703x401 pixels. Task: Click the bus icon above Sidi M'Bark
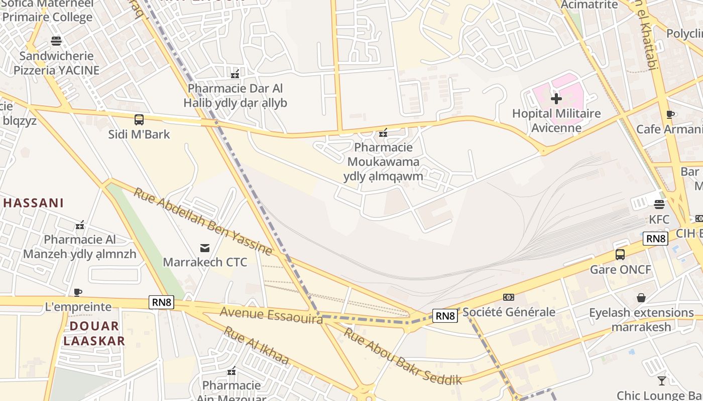tap(139, 120)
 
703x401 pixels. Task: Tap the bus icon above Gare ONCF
tap(620, 255)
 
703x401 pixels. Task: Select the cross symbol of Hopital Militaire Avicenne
tap(556, 99)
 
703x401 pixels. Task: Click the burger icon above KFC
tap(659, 205)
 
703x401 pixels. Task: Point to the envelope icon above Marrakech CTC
tap(205, 248)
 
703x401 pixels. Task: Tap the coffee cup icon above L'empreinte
tap(78, 292)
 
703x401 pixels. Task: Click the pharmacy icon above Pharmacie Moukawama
tap(383, 133)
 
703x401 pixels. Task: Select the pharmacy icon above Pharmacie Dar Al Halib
tap(235, 74)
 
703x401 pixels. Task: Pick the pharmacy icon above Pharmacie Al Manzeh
tap(79, 225)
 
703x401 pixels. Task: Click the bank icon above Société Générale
tap(509, 297)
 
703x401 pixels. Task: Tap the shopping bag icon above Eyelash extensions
tap(641, 298)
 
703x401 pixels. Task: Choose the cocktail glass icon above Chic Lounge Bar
tap(662, 380)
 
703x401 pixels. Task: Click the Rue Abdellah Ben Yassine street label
tap(202, 221)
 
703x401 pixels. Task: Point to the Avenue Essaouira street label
tap(271, 315)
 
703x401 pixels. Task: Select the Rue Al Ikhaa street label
tap(257, 346)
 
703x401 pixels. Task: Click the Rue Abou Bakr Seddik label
tap(402, 356)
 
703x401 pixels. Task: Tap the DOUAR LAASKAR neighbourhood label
tap(94, 333)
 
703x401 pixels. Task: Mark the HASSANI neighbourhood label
tap(34, 203)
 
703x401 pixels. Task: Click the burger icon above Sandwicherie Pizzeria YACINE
tap(56, 41)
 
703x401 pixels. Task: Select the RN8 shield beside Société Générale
tap(445, 316)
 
